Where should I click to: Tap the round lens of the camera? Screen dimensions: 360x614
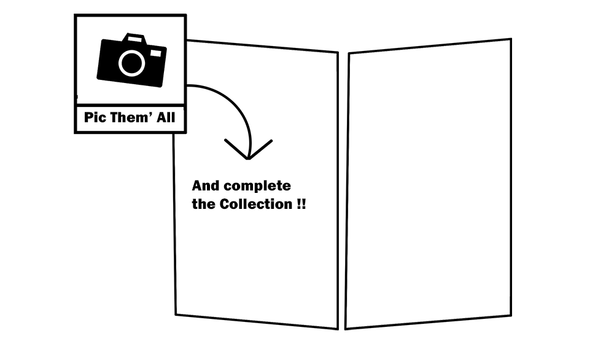[x=130, y=63]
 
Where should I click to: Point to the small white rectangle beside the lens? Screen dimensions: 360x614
[x=155, y=54]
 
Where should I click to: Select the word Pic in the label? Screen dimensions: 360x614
[x=96, y=118]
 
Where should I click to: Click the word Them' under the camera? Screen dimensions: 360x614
[x=131, y=118]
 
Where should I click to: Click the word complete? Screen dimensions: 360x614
[x=257, y=186]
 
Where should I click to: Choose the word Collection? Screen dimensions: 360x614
[x=254, y=205]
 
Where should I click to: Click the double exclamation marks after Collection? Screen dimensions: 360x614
[x=301, y=205]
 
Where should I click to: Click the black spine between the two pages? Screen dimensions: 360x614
[x=343, y=184]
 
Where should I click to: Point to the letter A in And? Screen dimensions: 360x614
[x=197, y=186]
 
